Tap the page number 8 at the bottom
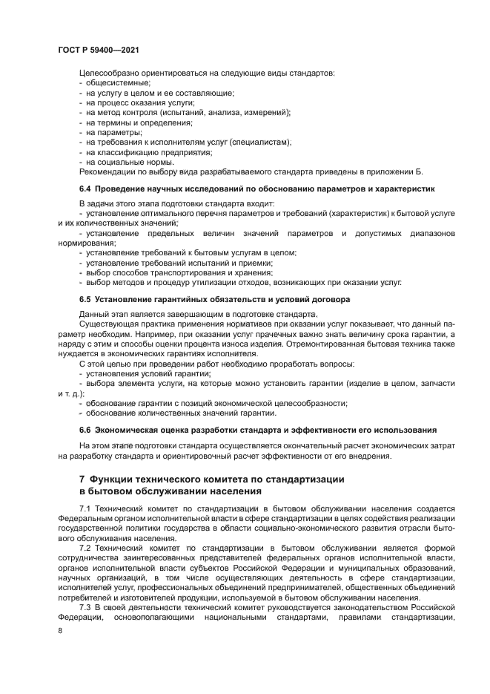point(60,630)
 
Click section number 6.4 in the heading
point(85,189)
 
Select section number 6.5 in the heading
point(85,299)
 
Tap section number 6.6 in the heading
point(85,430)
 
